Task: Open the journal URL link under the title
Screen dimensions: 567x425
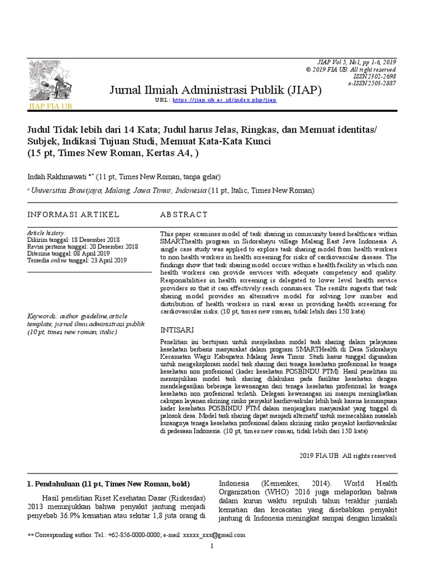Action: tap(224, 100)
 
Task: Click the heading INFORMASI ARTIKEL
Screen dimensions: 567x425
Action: tap(73, 214)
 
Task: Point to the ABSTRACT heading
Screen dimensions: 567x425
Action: tap(184, 214)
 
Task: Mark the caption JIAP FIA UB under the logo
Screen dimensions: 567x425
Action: tap(50, 105)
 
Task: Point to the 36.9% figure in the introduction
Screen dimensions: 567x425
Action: tap(69, 516)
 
